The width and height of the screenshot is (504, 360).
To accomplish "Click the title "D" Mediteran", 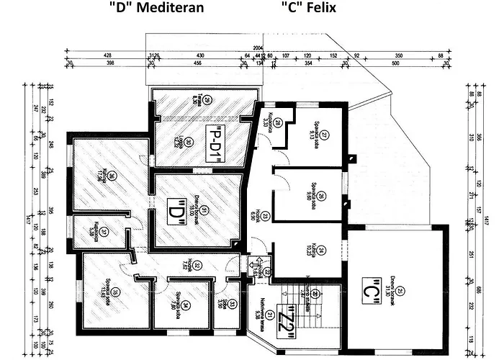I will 156,9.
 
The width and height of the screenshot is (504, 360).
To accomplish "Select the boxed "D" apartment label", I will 173,215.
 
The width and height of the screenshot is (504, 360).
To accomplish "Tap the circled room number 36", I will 112,174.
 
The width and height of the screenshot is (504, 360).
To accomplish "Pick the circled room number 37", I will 104,232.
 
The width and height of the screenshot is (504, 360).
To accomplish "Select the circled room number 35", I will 114,291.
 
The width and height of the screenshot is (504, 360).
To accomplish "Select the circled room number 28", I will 277,122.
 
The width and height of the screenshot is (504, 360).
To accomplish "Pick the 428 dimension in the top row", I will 108,55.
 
